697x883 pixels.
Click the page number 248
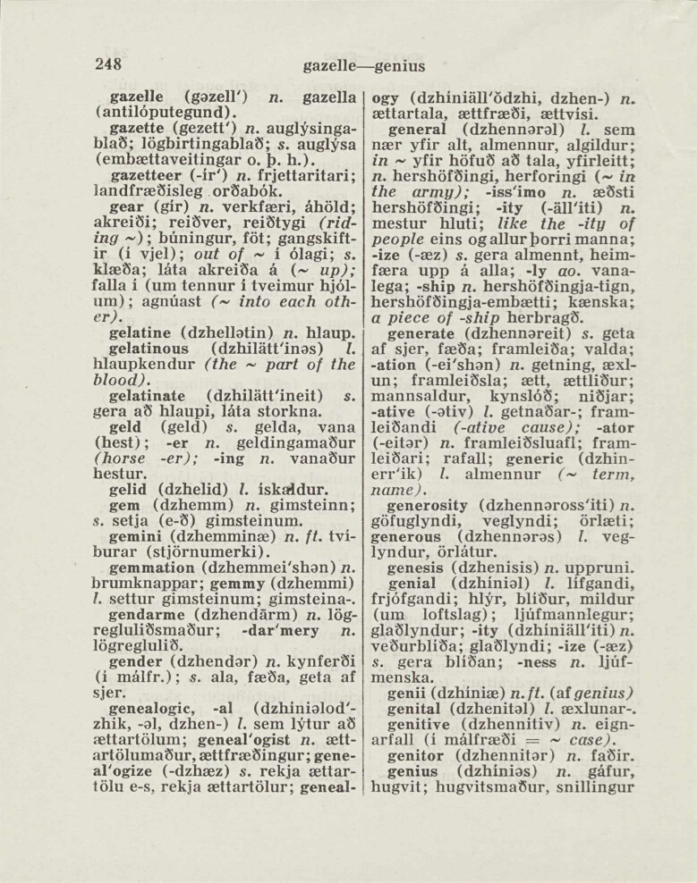pyautogui.click(x=109, y=64)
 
